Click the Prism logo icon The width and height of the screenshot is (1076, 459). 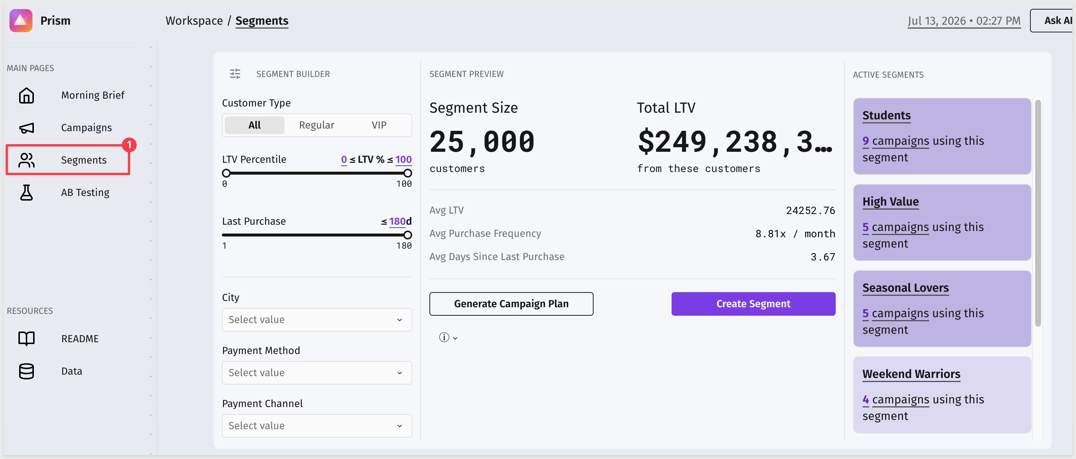pyautogui.click(x=21, y=21)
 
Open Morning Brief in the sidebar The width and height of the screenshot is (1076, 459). pyautogui.click(x=92, y=95)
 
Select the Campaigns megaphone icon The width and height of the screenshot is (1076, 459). pyautogui.click(x=26, y=128)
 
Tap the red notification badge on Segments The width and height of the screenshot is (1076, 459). pyautogui.click(x=129, y=145)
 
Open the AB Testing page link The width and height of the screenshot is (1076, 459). pyautogui.click(x=85, y=192)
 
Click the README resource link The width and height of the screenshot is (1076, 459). pyautogui.click(x=80, y=339)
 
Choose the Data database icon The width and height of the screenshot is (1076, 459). pyautogui.click(x=26, y=371)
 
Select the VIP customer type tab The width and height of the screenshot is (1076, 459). pyautogui.click(x=379, y=125)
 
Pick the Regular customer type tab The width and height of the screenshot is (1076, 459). pyautogui.click(x=316, y=125)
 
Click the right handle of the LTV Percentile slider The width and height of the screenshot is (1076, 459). pyautogui.click(x=408, y=173)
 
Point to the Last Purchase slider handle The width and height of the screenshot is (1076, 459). pyautogui.click(x=408, y=235)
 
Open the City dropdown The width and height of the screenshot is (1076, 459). pyautogui.click(x=316, y=320)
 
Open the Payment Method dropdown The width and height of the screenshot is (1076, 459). pyautogui.click(x=316, y=373)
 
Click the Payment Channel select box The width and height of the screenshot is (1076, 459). pyautogui.click(x=316, y=426)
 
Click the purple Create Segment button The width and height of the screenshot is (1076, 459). pyautogui.click(x=753, y=304)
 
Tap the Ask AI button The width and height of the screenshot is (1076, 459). pyautogui.click(x=1052, y=21)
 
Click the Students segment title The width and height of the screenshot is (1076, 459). pyautogui.click(x=886, y=115)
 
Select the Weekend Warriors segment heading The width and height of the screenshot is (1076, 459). pyautogui.click(x=912, y=374)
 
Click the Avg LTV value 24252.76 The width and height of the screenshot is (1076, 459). pyautogui.click(x=810, y=210)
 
